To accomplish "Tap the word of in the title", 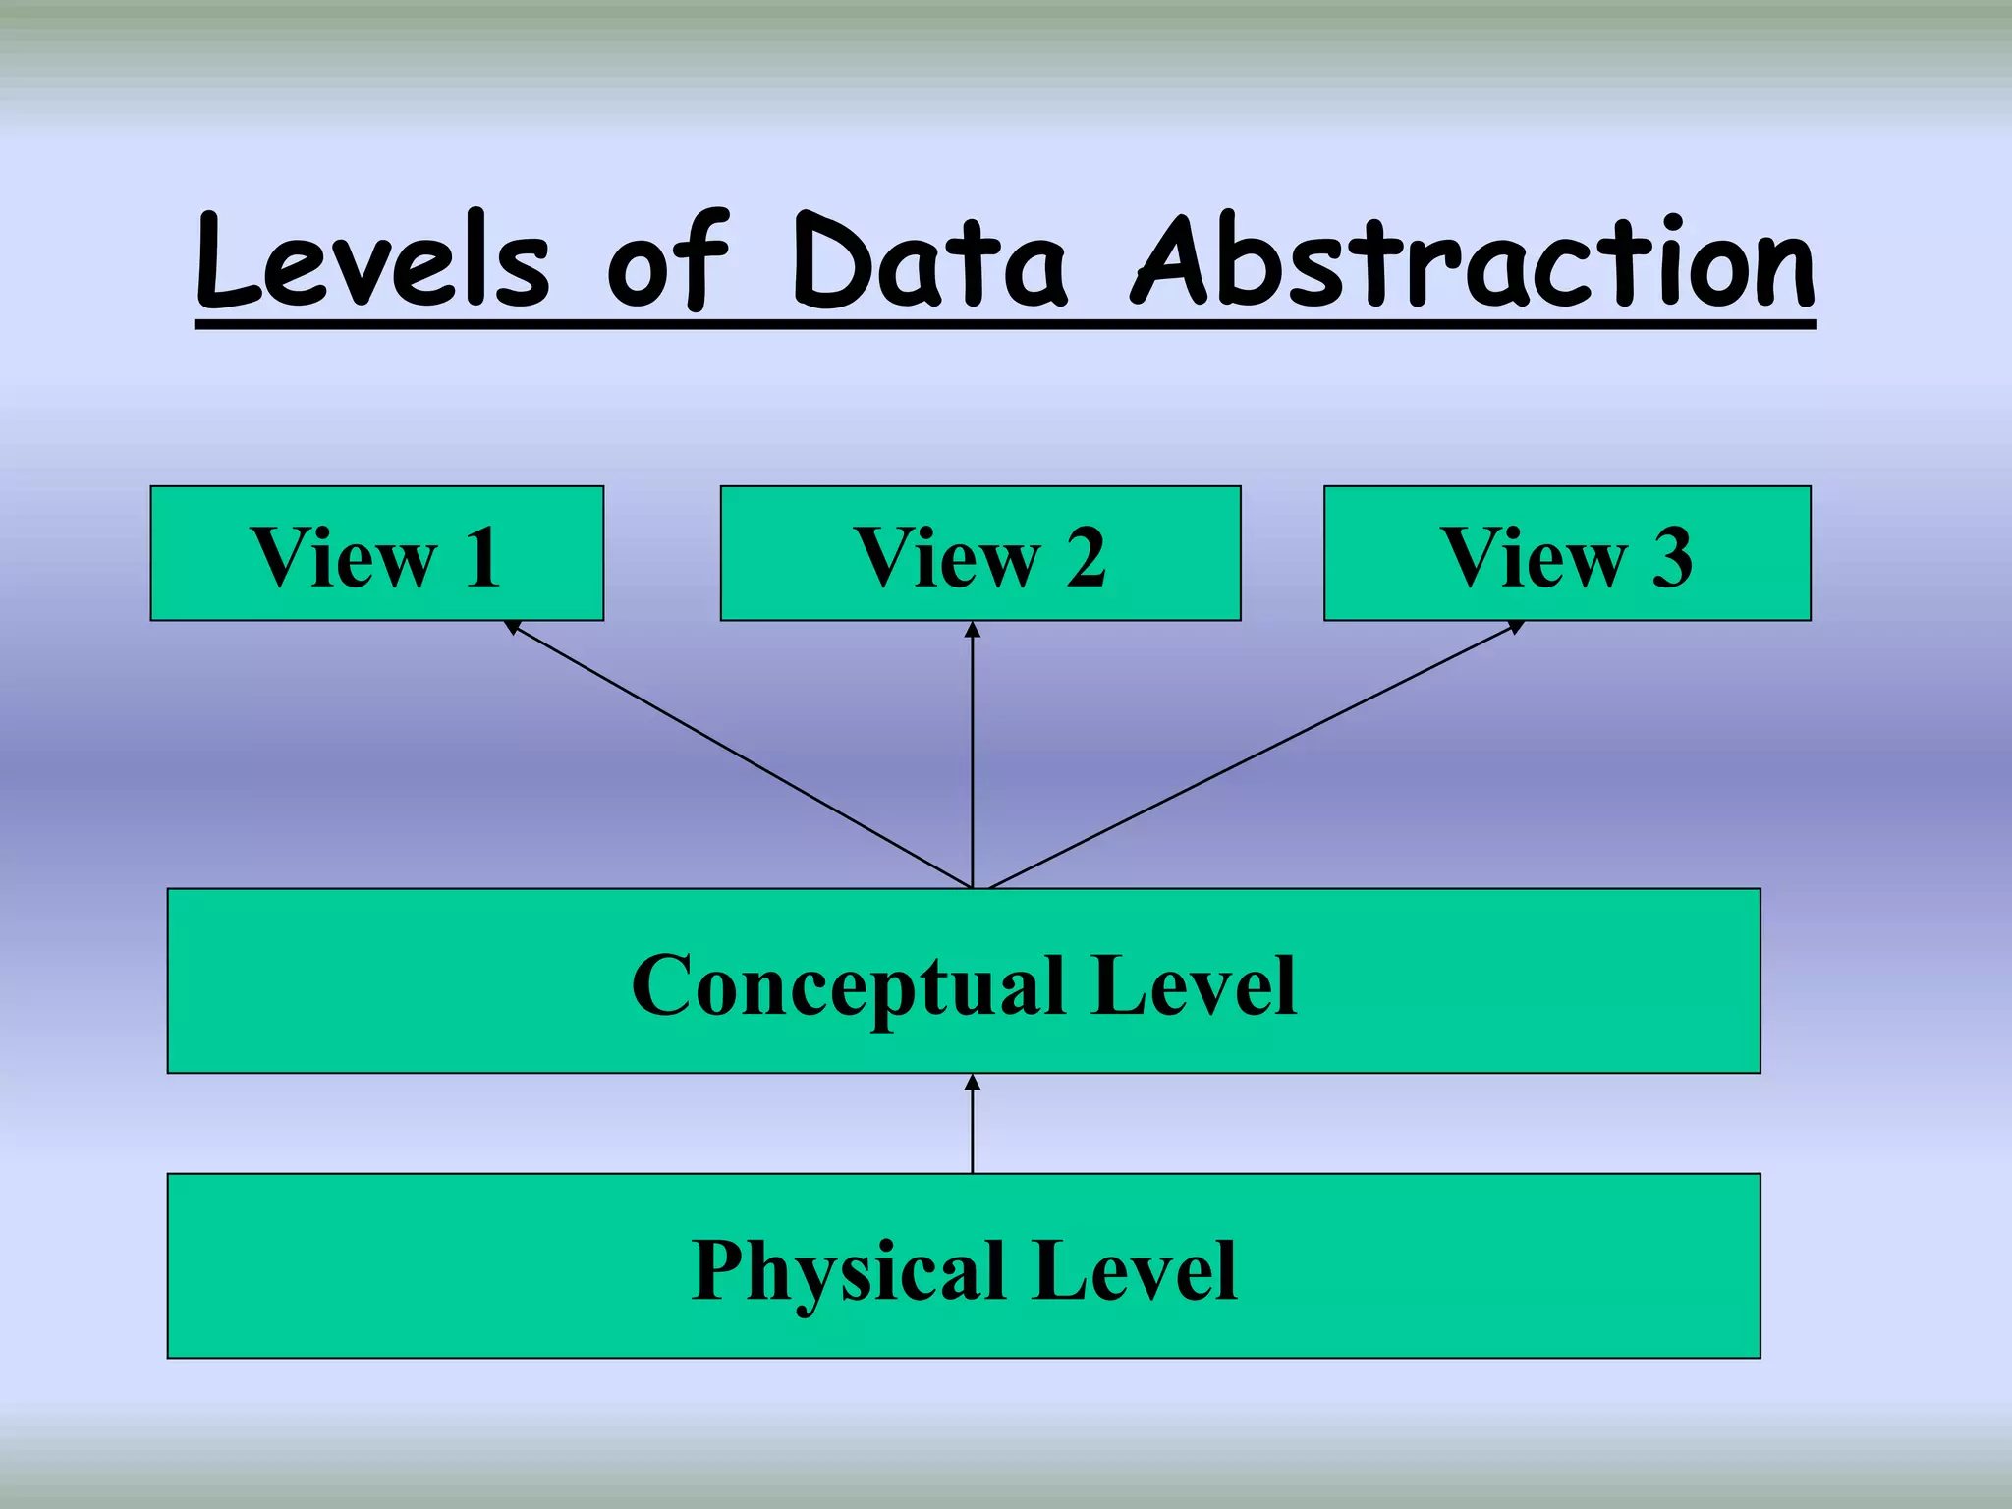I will (x=668, y=260).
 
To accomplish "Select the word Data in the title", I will (x=928, y=260).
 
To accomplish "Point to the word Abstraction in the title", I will (x=1474, y=260).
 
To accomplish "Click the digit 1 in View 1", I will (x=482, y=558).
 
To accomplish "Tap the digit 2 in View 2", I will (x=1085, y=558).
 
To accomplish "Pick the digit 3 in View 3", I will (x=1671, y=558).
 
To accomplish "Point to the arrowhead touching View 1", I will (x=512, y=626).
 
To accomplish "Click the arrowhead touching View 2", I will (x=972, y=629).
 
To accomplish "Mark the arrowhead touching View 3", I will (x=1516, y=626).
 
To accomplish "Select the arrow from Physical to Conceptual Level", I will (x=972, y=1125).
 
